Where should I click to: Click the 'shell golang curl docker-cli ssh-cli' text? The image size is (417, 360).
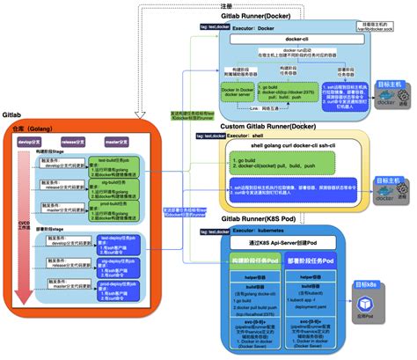pos(286,147)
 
